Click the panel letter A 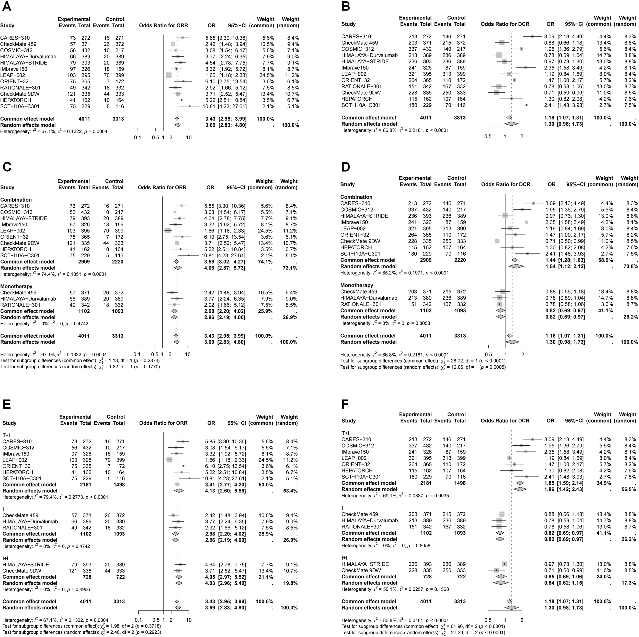6,6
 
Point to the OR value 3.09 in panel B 550,36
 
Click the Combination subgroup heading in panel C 16,200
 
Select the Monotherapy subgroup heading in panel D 357,285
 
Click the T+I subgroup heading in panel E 7,435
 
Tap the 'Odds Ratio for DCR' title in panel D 505,184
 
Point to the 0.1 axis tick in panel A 138,137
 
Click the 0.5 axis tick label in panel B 488,136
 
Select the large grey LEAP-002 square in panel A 169,75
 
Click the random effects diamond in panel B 511,124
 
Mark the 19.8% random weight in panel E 290,583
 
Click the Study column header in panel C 7,188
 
